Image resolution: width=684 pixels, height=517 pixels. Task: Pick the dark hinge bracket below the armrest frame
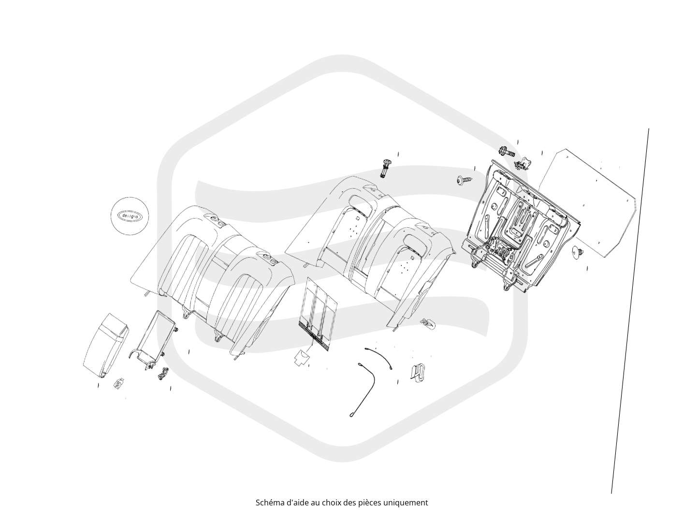[x=163, y=373]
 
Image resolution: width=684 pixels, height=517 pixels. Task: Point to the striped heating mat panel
[x=317, y=313]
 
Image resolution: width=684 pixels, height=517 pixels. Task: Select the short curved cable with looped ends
[x=378, y=358]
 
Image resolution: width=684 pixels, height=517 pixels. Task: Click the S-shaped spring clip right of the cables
[x=418, y=372]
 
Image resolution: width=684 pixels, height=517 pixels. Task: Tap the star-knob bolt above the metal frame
[x=507, y=152]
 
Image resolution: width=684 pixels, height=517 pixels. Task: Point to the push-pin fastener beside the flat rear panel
[x=578, y=252]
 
